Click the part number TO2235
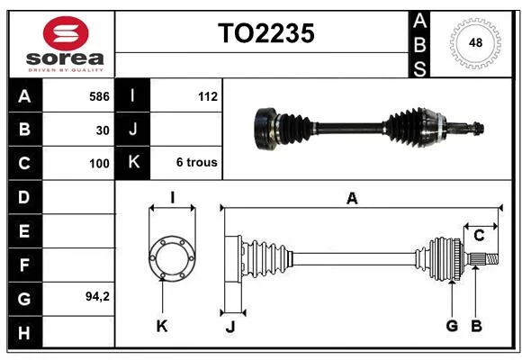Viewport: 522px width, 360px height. tap(266, 33)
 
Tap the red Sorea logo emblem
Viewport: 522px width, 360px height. tap(66, 33)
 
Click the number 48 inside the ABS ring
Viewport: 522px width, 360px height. tap(475, 42)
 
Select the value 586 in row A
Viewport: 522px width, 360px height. tap(99, 96)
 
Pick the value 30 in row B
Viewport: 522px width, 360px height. tap(103, 130)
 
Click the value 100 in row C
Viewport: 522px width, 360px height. tap(99, 164)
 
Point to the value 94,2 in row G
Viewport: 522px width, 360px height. tap(97, 296)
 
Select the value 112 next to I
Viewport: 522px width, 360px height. tap(208, 96)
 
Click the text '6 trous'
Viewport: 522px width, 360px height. tap(197, 162)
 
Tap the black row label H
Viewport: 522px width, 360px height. tap(25, 332)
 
